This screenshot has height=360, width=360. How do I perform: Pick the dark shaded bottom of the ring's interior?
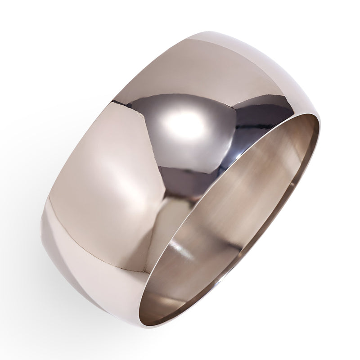166,306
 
